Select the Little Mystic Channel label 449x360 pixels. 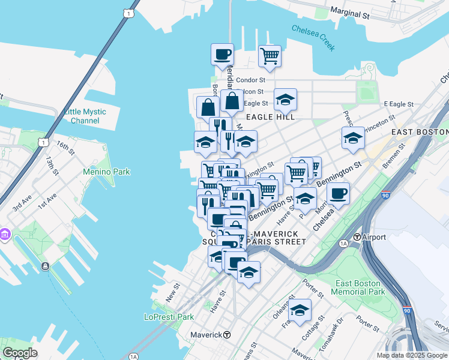point(85,116)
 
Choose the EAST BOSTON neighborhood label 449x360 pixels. point(419,131)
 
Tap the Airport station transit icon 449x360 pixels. point(357,237)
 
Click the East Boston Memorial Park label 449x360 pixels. point(360,287)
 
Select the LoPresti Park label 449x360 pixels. point(169,317)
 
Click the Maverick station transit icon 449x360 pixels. point(228,334)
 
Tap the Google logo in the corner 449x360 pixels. point(20,352)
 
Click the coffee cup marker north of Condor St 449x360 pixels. point(222,54)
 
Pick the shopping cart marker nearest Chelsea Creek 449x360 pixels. point(270,56)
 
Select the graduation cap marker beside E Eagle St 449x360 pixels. point(285,100)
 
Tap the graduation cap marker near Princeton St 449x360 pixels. point(353,137)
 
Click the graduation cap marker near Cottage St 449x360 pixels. point(300,310)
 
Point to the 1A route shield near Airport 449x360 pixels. point(343,243)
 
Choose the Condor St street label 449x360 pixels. point(250,80)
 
